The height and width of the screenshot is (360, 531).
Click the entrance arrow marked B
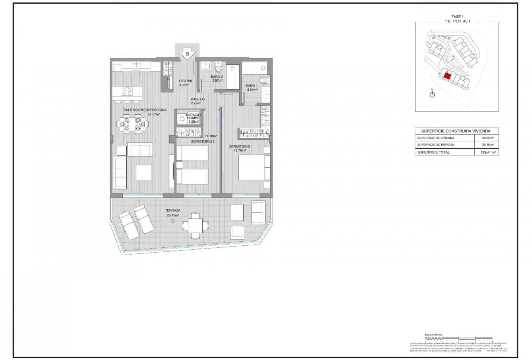(187, 53)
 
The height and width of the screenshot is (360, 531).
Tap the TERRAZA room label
(172, 210)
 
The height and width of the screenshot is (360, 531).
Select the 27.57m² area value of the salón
(154, 114)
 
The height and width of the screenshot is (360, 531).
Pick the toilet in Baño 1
(263, 80)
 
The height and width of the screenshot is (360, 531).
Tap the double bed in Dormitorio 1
(254, 167)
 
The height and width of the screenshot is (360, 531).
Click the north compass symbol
(432, 95)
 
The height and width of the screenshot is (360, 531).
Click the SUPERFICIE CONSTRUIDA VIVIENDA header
(457, 131)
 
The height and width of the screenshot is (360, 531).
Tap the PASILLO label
(198, 99)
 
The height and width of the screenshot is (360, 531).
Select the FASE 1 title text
(457, 16)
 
